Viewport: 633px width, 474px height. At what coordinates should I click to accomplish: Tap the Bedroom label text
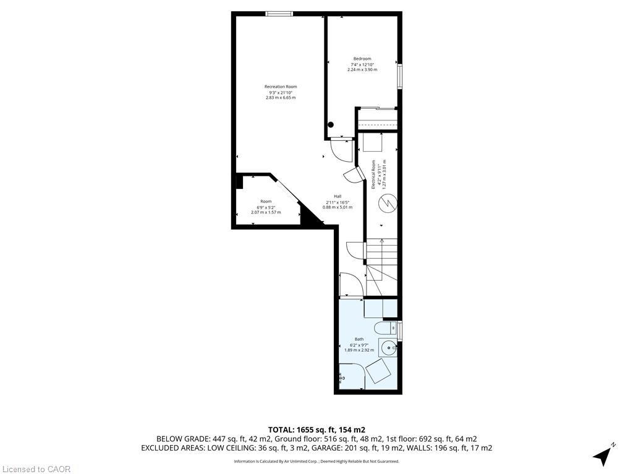point(362,59)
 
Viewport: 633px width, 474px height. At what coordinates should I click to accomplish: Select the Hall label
point(338,196)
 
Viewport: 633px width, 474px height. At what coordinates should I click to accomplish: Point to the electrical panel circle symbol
point(388,202)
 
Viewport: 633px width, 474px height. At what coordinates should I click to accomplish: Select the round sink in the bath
point(388,347)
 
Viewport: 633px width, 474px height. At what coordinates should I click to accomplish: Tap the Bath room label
point(359,339)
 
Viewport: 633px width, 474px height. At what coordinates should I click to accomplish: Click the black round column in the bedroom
point(331,125)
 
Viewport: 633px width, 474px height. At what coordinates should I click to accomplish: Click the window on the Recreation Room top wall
point(279,14)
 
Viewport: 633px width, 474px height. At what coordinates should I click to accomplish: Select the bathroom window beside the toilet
point(400,330)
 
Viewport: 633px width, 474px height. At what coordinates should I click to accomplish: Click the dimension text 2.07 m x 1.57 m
point(266,212)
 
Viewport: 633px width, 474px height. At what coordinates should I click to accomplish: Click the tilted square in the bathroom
point(378,372)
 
